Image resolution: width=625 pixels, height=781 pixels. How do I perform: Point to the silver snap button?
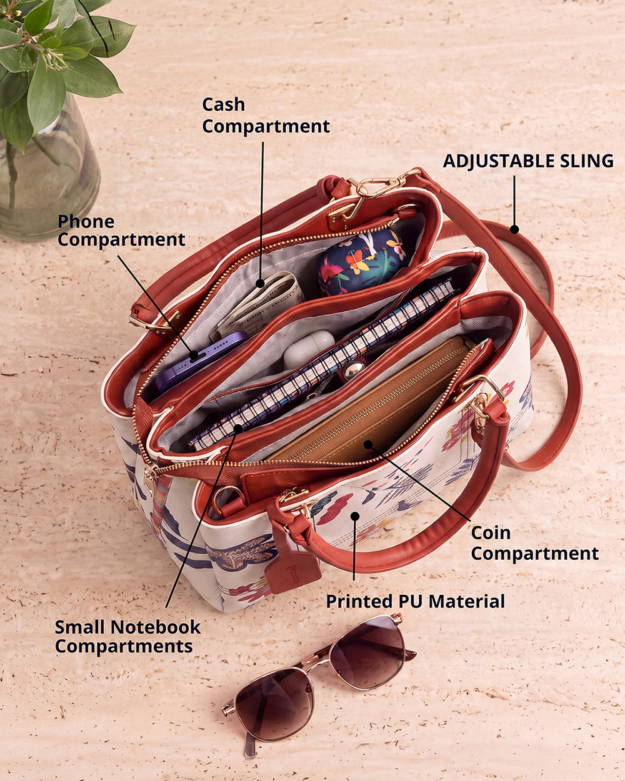353,370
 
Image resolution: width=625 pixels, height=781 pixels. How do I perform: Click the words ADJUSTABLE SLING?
528,161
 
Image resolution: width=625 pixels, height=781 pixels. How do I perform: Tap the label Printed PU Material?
416,601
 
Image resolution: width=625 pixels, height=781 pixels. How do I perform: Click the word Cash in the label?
223,104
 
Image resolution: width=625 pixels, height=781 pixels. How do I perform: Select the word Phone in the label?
86,222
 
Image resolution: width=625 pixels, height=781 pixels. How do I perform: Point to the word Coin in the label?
491,533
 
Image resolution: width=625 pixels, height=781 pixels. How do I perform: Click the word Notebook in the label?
156,627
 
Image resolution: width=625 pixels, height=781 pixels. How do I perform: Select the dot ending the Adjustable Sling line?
514,229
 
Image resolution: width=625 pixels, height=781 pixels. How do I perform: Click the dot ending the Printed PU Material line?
355,517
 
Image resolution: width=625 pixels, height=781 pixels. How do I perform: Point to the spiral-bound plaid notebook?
323,365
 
